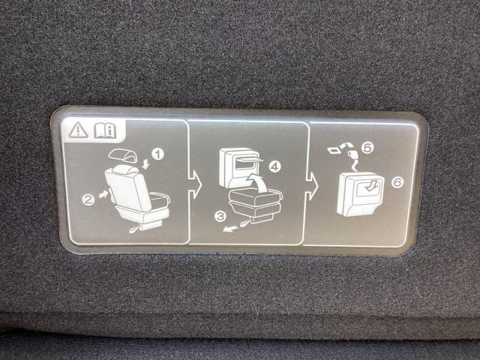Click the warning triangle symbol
coord(78,130)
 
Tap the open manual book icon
coord(105,130)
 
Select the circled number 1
coord(158,154)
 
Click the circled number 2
coord(88,200)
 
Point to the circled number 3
coord(220,217)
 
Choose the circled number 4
coord(274,166)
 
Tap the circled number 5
coord(367,148)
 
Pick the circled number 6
coord(397,182)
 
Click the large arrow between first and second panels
coord(195,184)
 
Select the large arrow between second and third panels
coord(312,186)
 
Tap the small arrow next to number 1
coord(146,163)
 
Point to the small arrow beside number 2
coord(103,194)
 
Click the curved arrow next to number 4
coord(259,181)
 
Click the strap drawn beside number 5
coord(352,156)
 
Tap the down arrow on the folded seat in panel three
coord(371,185)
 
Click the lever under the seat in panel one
coord(134,229)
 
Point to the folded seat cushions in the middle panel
coord(256,203)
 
